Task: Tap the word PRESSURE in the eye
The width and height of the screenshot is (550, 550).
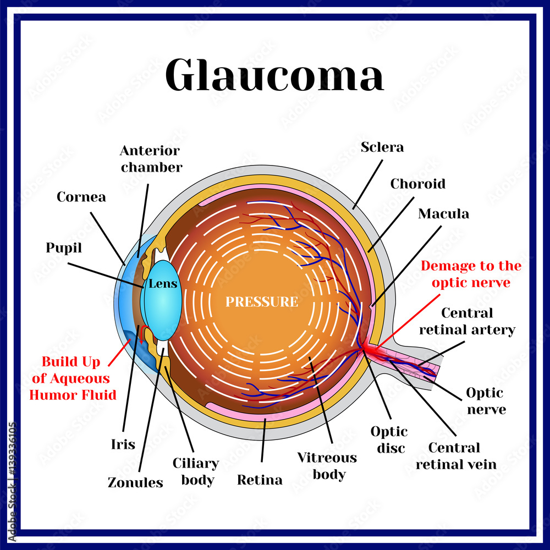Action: [262, 302]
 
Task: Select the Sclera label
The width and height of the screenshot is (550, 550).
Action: [382, 147]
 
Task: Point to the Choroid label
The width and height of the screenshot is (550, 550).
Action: [417, 184]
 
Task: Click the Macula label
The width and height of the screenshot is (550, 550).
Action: [443, 213]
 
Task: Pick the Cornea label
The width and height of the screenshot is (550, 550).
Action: [81, 196]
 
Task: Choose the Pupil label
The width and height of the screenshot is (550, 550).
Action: [64, 248]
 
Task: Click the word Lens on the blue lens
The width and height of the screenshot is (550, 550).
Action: [163, 284]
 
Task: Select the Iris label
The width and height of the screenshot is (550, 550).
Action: [123, 444]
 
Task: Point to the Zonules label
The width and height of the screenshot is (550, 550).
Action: [135, 482]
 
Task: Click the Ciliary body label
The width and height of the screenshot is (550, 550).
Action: [196, 471]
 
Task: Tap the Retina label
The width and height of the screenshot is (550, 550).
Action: [260, 480]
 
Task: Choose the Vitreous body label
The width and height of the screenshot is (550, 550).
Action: [327, 466]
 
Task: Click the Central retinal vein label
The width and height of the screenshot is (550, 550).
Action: [455, 456]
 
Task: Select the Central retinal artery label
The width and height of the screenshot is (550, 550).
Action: [475, 321]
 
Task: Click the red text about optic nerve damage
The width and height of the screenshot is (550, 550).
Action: [471, 274]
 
